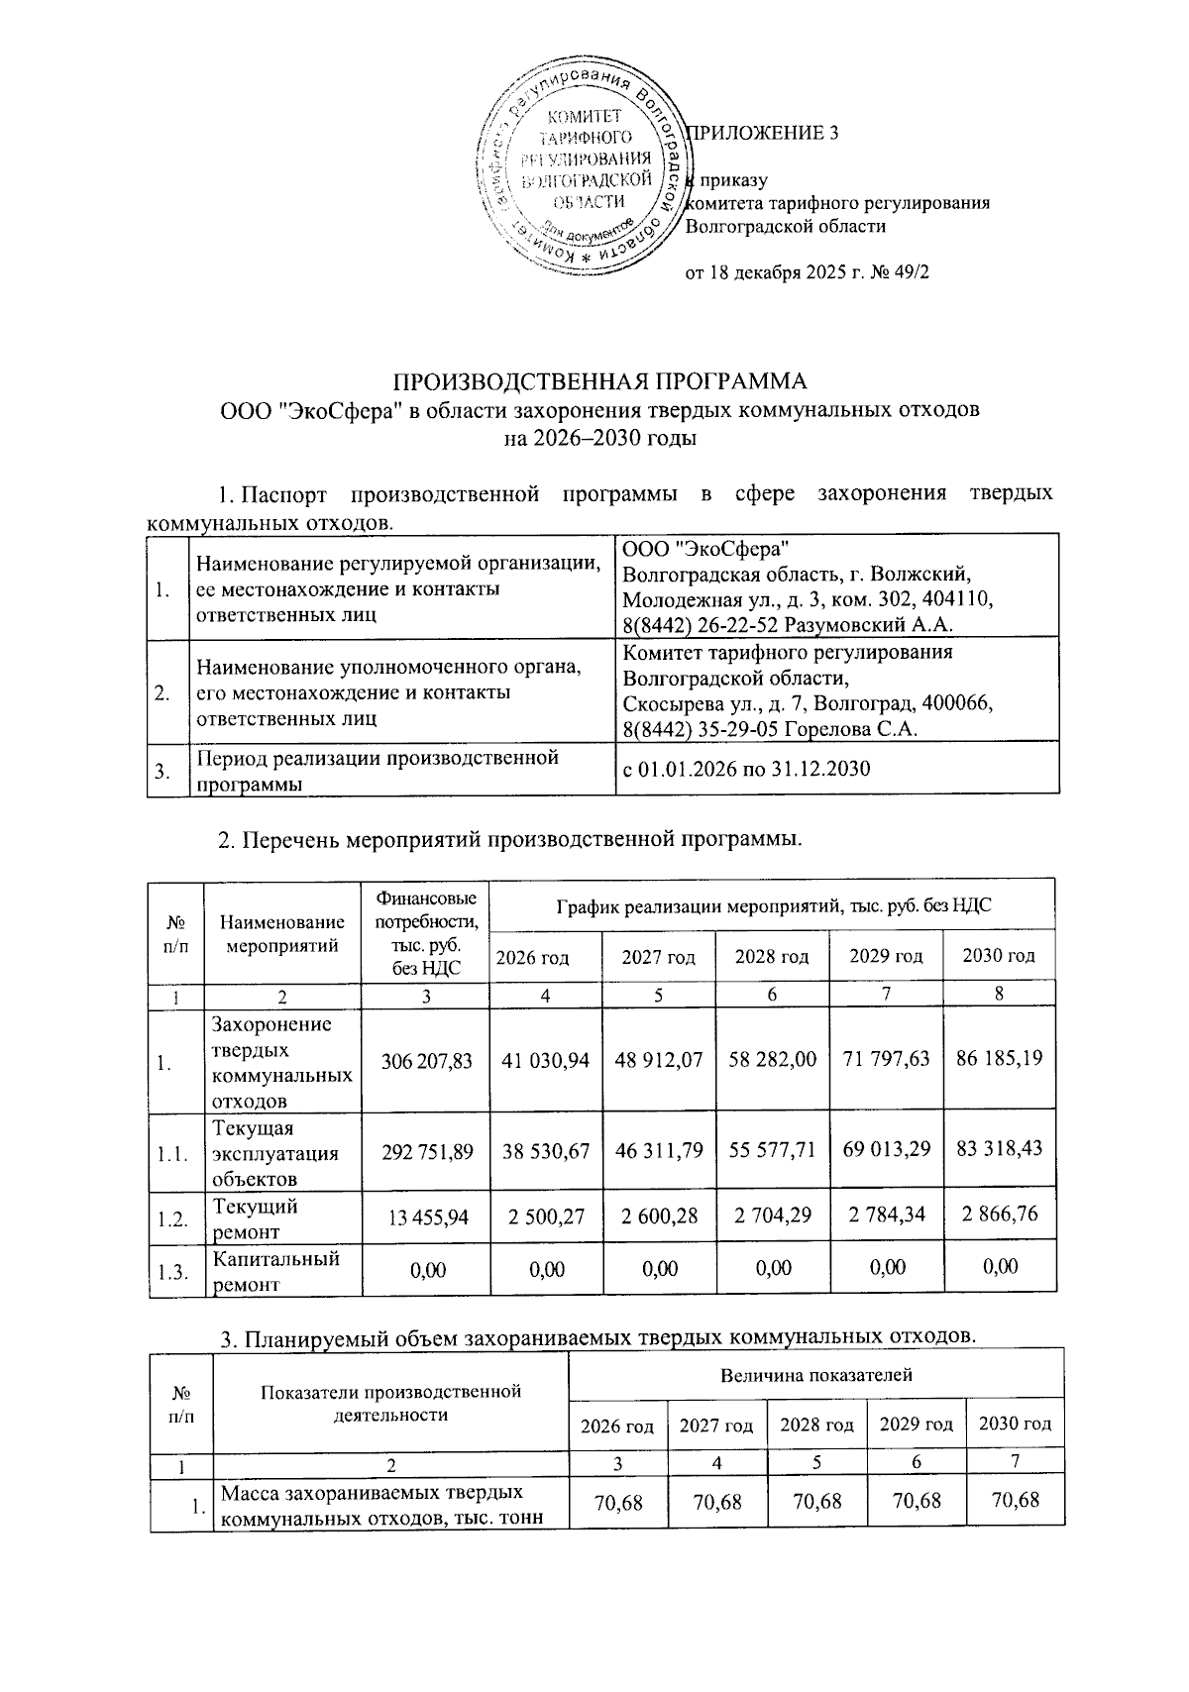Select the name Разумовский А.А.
(868, 625)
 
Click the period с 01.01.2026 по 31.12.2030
(746, 769)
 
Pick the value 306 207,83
(427, 1060)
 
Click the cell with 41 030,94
(545, 1060)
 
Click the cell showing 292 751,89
(427, 1152)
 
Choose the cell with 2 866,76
(999, 1215)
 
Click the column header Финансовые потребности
(427, 932)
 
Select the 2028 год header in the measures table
(772, 957)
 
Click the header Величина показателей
(815, 1375)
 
